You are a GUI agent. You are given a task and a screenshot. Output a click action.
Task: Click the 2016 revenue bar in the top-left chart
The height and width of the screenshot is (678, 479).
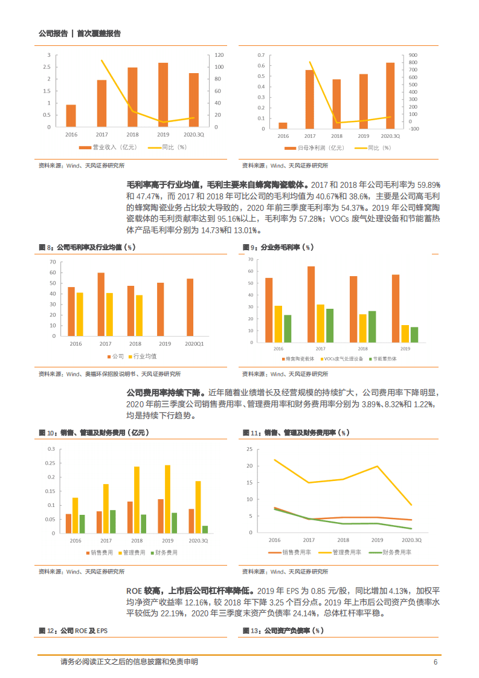click(x=71, y=116)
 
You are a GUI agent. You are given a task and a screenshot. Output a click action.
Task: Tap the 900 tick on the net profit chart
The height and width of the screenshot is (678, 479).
click(x=413, y=55)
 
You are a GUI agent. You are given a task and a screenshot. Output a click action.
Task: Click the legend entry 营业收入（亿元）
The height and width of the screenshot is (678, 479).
click(x=102, y=147)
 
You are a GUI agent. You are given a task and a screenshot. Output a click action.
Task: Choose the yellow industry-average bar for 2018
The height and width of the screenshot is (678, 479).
click(x=139, y=315)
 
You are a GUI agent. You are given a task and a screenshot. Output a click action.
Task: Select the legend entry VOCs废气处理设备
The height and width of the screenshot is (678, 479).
click(x=341, y=358)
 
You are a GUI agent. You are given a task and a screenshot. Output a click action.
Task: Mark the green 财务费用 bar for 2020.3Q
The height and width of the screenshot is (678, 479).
click(x=205, y=529)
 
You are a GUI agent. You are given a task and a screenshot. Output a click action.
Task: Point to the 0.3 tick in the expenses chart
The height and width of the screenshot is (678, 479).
click(x=51, y=449)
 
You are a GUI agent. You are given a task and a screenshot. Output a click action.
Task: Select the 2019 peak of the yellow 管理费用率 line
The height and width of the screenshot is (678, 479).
click(x=378, y=467)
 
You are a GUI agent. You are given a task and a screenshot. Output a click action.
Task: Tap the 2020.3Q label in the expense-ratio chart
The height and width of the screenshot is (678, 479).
click(x=411, y=540)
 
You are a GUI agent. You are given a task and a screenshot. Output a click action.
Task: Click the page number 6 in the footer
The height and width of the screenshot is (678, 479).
click(x=435, y=662)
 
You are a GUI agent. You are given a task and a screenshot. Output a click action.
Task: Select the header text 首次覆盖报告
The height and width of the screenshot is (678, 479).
click(x=99, y=34)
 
